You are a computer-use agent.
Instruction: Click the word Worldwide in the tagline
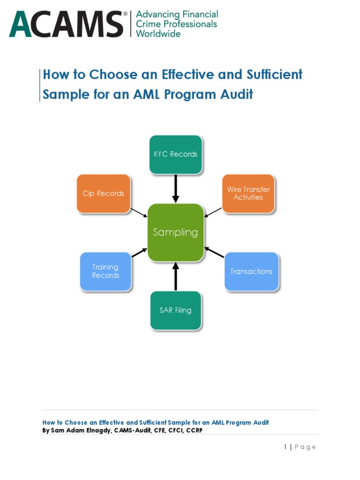(x=158, y=34)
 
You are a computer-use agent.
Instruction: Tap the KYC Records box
(x=176, y=154)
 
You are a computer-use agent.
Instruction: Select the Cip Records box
(x=103, y=194)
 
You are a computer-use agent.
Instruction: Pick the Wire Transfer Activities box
(x=248, y=194)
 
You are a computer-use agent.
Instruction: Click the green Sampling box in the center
(x=176, y=232)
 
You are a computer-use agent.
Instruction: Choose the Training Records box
(x=105, y=271)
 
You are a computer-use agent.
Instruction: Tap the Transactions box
(x=251, y=271)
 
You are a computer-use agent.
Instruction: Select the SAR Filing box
(x=176, y=310)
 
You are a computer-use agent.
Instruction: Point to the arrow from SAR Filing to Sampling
(x=176, y=277)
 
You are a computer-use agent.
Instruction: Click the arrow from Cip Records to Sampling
(x=139, y=212)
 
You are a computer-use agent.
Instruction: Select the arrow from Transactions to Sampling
(x=214, y=252)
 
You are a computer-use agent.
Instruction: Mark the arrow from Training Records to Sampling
(x=139, y=253)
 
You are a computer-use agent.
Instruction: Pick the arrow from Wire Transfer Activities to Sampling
(x=213, y=212)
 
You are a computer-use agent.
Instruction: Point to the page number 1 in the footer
(x=285, y=447)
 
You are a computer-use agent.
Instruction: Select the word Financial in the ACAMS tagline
(x=199, y=14)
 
